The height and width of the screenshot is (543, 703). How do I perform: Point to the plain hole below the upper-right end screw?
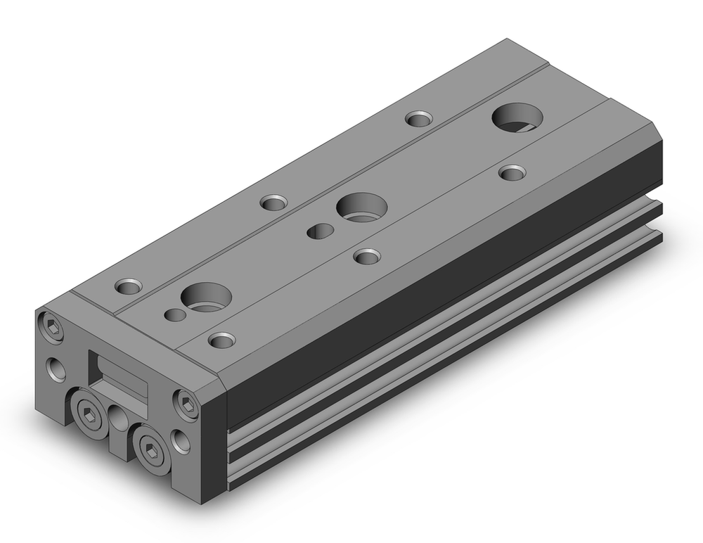click(x=181, y=442)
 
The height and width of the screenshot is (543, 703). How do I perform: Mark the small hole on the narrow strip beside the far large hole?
click(x=419, y=118)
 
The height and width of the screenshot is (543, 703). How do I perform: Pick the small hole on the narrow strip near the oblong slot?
click(x=273, y=203)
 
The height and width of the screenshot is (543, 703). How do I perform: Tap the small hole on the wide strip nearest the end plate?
click(x=222, y=341)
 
